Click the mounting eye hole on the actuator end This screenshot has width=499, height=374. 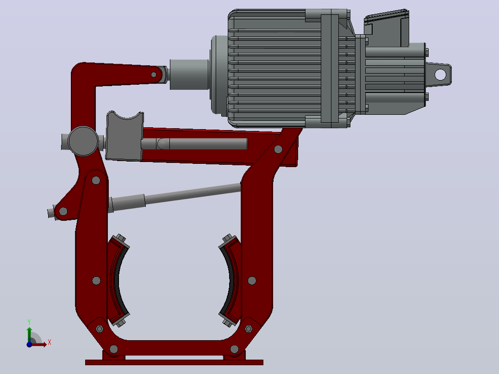440,75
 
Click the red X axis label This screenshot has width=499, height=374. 50,343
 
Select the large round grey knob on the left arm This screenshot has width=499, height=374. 83,141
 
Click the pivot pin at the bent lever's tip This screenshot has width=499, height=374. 154,75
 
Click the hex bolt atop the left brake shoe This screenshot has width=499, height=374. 120,237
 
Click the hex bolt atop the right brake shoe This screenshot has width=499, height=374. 228,238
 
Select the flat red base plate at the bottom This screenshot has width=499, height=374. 174,362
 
